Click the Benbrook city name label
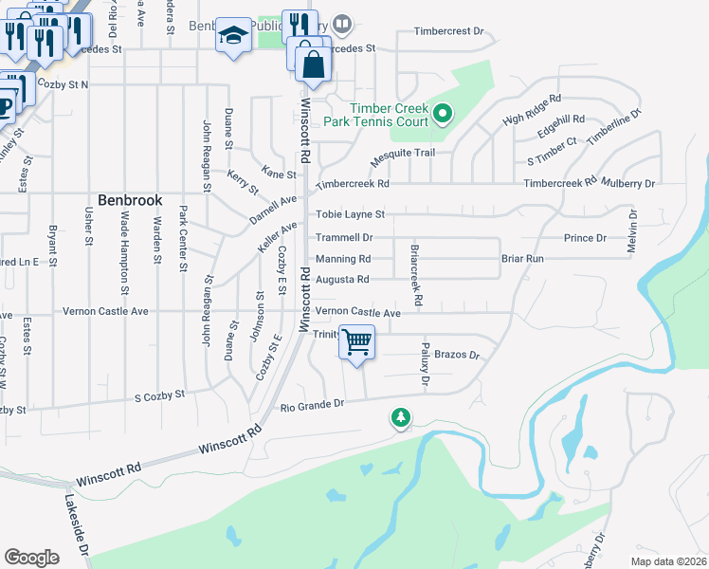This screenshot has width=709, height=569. pos(130,201)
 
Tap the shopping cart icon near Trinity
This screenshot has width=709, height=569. pos(357,342)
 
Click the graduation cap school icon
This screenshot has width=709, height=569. pos(232,37)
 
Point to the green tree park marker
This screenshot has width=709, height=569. pos(401,417)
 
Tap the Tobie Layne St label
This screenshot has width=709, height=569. pos(350,215)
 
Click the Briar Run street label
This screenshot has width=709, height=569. pos(522,258)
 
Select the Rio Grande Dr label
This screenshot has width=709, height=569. pos(312,405)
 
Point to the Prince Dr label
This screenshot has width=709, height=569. pos(585,237)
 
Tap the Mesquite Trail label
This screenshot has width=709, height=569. pos(403,153)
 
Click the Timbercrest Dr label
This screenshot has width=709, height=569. pos(448,31)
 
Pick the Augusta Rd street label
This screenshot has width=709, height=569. pos(342,280)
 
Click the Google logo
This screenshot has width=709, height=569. pos(31,558)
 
